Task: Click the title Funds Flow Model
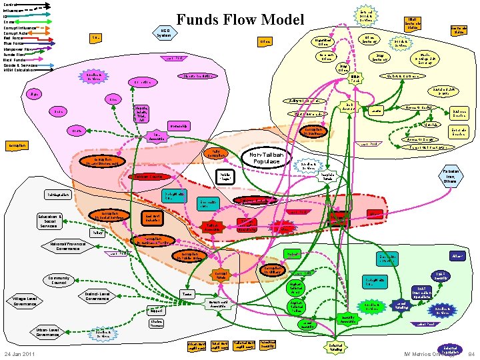(x=239, y=21)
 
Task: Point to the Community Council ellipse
(x=59, y=280)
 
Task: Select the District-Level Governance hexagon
(x=97, y=296)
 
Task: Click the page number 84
(x=471, y=353)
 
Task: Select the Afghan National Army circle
(x=298, y=289)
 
